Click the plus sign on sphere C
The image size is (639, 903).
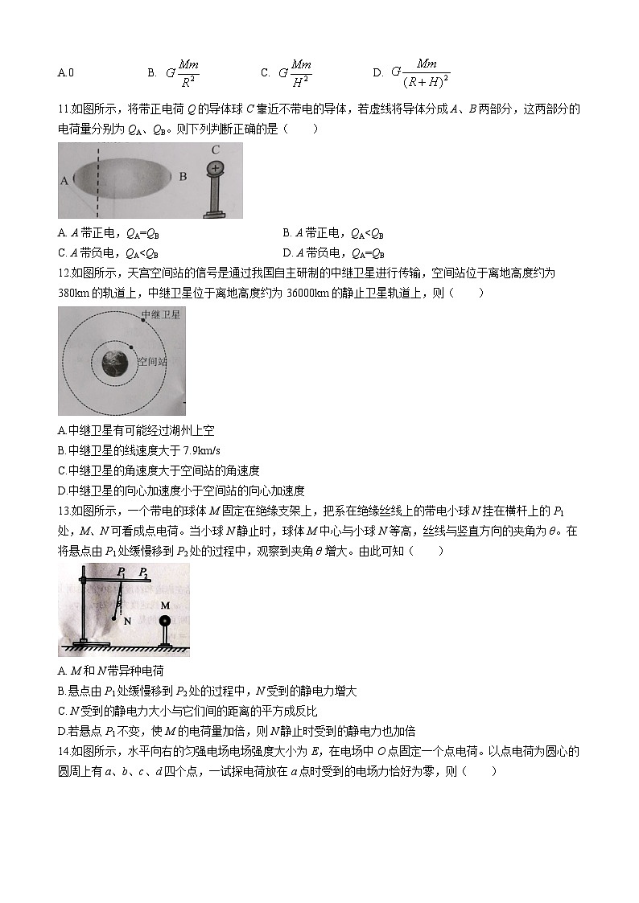[214, 168]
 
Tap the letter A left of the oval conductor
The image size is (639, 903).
[64, 181]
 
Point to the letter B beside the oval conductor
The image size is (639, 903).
[183, 176]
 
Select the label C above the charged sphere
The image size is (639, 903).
[215, 150]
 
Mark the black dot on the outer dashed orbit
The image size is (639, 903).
[143, 321]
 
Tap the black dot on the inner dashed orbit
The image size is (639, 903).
[131, 346]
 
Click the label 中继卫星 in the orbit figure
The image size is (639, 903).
[161, 315]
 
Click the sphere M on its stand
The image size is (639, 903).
[166, 621]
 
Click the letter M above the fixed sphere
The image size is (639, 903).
[165, 605]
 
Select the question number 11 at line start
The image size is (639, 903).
[64, 109]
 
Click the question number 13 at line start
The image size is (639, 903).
[64, 511]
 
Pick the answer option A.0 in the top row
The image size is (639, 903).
[66, 73]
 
